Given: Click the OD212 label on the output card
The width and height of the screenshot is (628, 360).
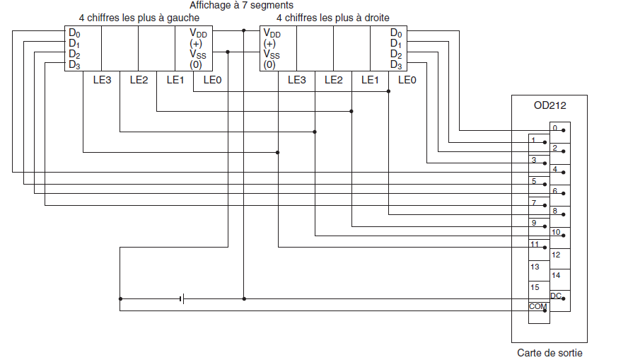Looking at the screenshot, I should coord(549,106).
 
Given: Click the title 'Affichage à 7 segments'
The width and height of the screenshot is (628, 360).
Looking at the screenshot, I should coord(241,5).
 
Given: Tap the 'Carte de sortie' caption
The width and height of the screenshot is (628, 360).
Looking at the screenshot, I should coord(549,352).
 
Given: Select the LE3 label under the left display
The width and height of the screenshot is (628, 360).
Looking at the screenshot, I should coord(102,80).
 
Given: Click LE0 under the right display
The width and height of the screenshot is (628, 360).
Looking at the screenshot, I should coord(407,80).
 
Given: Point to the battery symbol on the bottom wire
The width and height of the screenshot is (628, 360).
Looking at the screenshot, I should coord(182,298).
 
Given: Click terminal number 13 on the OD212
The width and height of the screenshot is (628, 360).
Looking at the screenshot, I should coord(535,267).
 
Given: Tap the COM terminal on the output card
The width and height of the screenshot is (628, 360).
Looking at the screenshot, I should coord(537,306).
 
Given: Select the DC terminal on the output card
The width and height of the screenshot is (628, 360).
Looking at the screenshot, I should coord(557,295).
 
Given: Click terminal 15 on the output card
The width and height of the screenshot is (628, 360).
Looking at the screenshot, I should coord(535,287).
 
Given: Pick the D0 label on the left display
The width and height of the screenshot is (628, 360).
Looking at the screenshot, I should coord(74,33).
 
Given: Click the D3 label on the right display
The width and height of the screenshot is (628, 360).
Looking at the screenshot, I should coord(396,65).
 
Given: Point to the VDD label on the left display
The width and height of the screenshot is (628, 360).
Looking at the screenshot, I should coord(198,33).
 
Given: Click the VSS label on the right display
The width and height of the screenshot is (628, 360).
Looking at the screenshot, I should coord(272,54).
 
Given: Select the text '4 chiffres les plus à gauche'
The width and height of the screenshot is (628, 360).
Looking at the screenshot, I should coord(139,18).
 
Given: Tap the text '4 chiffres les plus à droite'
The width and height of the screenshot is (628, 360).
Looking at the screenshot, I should coord(332,18).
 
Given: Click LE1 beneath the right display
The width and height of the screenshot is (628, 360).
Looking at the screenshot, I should coord(370,80).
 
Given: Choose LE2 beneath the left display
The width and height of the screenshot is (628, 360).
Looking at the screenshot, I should coord(139,80).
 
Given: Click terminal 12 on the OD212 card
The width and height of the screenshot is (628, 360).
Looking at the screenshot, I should coord(556,254).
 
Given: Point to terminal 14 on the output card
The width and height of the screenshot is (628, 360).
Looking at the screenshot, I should coord(556,274).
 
